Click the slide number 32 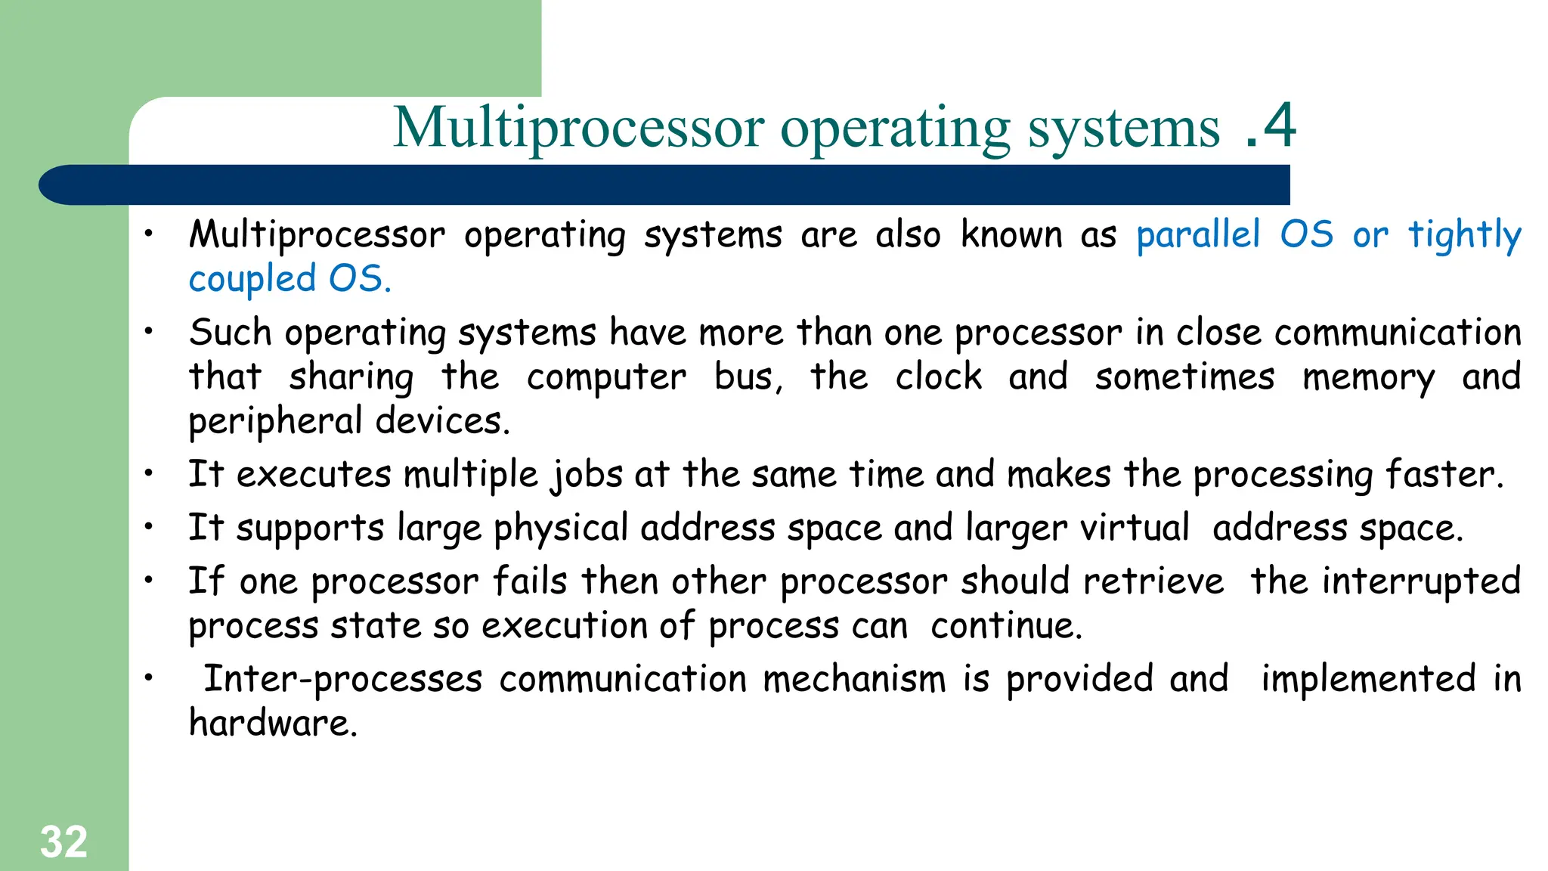click(63, 842)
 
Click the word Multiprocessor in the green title click(578, 129)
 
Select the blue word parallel click(1198, 234)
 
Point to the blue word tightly click(1464, 236)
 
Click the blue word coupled click(252, 280)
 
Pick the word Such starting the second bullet click(230, 333)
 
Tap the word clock click(939, 377)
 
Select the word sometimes click(1184, 377)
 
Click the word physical click(560, 528)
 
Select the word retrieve click(1153, 581)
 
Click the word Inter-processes click(342, 679)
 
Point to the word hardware click(272, 723)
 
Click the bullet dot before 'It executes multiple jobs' click(150, 474)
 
